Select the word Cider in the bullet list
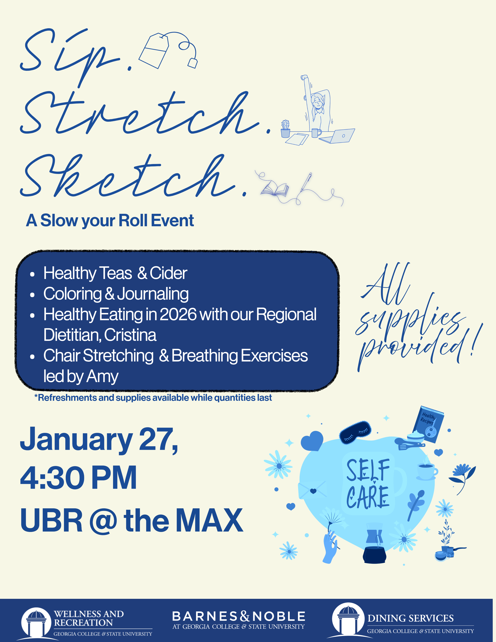168,273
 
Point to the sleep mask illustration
355,432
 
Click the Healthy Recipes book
428,424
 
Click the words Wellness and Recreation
89,618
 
